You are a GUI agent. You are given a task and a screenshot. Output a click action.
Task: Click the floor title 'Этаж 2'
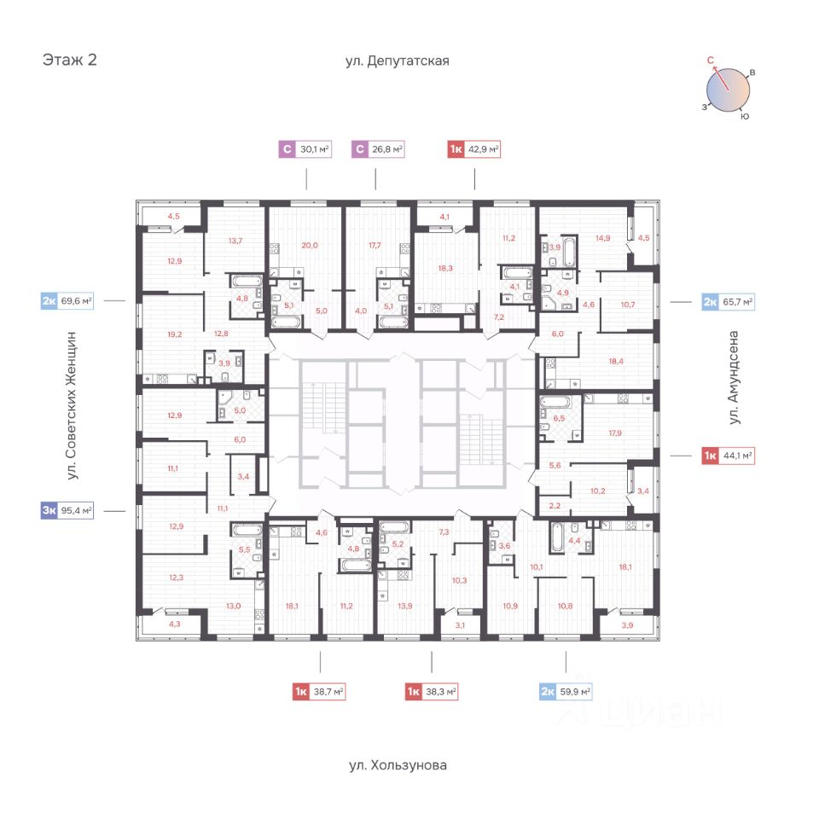click(x=69, y=61)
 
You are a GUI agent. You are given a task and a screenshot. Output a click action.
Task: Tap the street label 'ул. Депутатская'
click(x=397, y=61)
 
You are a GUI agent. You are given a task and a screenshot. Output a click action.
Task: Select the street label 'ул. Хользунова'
click(x=398, y=765)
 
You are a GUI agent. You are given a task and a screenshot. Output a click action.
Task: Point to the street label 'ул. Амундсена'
click(x=733, y=380)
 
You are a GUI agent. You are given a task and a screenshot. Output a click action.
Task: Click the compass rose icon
click(x=728, y=88)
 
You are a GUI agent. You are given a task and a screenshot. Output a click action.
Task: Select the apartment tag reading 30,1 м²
click(x=305, y=150)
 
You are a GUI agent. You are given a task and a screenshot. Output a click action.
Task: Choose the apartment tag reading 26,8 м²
click(x=379, y=150)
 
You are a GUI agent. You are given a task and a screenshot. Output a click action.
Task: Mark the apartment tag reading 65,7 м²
click(x=728, y=302)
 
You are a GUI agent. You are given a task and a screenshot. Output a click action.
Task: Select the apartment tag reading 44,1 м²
click(x=728, y=456)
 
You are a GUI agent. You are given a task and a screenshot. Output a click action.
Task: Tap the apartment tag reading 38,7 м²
click(x=319, y=692)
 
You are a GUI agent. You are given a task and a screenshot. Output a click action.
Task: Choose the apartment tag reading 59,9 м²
click(x=566, y=692)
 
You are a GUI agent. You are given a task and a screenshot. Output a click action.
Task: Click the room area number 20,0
click(x=309, y=245)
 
